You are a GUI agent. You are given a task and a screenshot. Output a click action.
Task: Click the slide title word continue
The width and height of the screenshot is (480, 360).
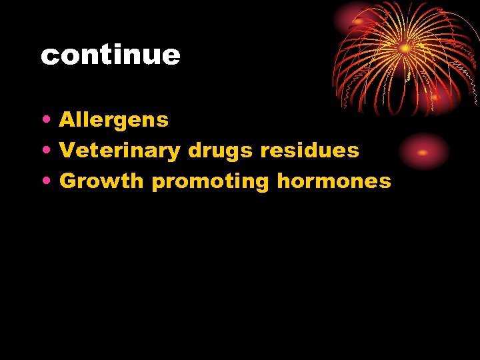click(110, 55)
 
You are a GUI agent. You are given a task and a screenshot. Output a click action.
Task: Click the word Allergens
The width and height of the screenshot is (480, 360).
click(114, 120)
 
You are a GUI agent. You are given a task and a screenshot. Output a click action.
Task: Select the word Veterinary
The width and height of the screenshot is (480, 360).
click(120, 151)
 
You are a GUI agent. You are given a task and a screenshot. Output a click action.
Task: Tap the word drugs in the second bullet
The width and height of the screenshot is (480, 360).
click(221, 151)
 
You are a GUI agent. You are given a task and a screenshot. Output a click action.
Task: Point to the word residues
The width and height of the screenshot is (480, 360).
click(309, 151)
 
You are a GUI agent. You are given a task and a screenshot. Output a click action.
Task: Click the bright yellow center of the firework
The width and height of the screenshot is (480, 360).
click(404, 48)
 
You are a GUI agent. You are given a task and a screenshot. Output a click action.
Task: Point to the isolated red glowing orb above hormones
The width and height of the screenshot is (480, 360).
click(423, 152)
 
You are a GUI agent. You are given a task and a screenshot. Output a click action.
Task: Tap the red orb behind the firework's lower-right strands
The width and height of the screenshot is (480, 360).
click(437, 97)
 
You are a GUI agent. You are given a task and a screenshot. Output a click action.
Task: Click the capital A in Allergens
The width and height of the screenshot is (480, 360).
click(67, 120)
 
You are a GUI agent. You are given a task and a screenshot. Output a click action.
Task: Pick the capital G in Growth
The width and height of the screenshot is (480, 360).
click(68, 181)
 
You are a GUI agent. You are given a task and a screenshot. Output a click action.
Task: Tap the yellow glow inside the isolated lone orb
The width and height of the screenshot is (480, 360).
click(422, 152)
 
